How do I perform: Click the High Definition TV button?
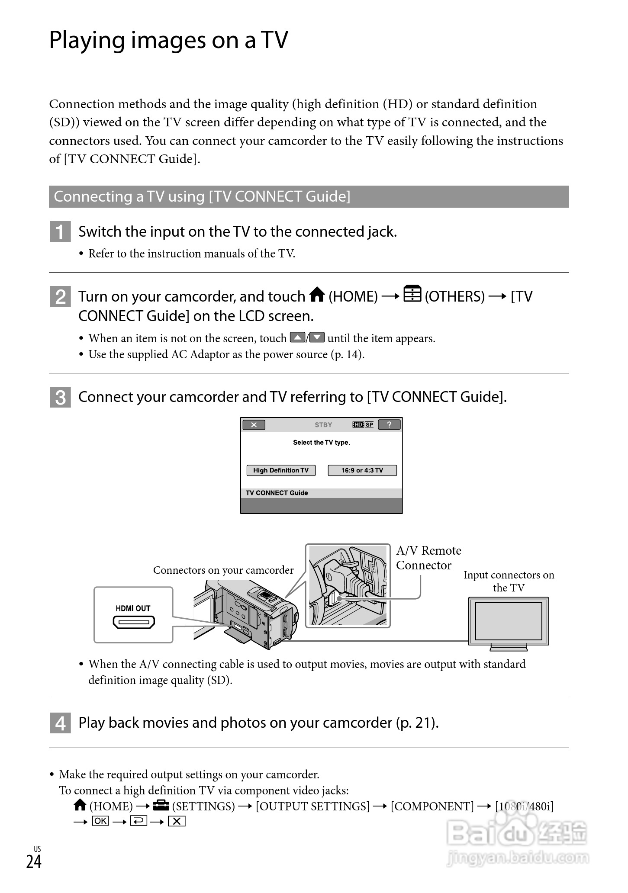click(x=281, y=470)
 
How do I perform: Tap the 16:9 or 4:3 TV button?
click(x=362, y=470)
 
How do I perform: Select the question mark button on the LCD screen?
click(x=389, y=424)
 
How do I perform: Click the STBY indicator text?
click(x=323, y=425)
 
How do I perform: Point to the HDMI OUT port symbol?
click(x=134, y=623)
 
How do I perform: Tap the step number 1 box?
click(x=60, y=232)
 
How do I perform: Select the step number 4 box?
click(x=60, y=723)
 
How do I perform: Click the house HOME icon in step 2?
click(x=317, y=295)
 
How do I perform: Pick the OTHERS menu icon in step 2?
click(x=412, y=294)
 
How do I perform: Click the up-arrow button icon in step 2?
click(x=297, y=337)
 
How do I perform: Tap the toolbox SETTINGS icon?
click(x=161, y=805)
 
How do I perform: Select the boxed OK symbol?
click(x=100, y=821)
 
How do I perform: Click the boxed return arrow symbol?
click(x=138, y=821)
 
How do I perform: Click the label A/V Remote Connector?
click(x=428, y=558)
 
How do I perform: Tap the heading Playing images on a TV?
click(x=168, y=40)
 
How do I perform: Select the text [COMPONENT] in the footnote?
click(x=432, y=806)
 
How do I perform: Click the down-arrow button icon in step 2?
click(x=317, y=337)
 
